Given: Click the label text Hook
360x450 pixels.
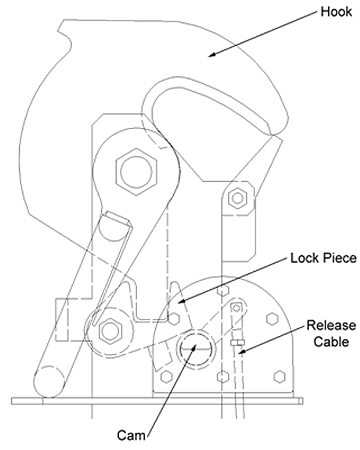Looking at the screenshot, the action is (x=336, y=12).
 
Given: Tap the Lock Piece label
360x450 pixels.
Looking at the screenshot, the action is (x=323, y=258).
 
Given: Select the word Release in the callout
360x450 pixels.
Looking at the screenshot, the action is (x=331, y=325).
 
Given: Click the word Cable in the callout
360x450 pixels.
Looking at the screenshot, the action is (x=331, y=341).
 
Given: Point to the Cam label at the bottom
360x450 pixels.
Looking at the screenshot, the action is (x=131, y=435).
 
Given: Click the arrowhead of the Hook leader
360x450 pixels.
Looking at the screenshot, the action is (x=212, y=55).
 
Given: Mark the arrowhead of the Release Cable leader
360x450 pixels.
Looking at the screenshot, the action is (x=241, y=351).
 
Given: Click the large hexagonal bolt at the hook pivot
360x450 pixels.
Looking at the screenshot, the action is (x=137, y=171).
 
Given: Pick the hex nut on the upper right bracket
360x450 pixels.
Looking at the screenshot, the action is (x=238, y=198).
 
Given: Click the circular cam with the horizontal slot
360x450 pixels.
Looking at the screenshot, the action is (x=197, y=348).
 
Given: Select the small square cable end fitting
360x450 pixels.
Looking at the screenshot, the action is (x=236, y=308).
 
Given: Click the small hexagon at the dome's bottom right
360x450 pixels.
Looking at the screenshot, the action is (x=279, y=377).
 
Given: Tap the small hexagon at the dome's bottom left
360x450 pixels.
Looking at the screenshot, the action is (x=166, y=377).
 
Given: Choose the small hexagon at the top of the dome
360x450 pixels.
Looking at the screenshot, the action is (x=222, y=290).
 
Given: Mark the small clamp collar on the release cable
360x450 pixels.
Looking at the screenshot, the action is (x=238, y=343).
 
